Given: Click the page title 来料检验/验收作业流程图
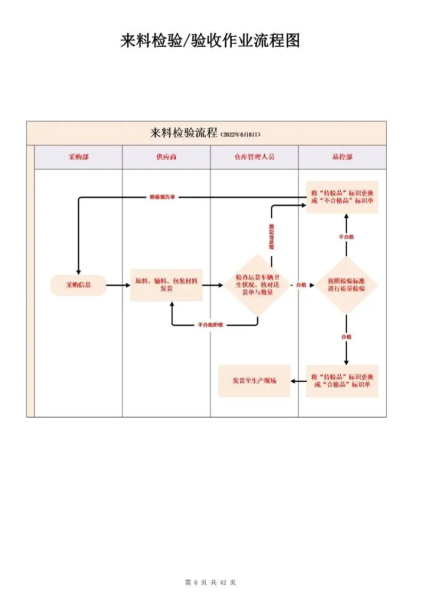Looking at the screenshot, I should [210, 40].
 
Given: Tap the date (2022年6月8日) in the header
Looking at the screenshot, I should [240, 134].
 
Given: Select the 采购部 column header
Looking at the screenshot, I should [78, 158].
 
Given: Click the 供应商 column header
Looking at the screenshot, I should [166, 158].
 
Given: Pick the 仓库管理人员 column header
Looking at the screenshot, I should [254, 158].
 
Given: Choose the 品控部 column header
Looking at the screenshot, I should [342, 158].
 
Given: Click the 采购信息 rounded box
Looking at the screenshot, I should [78, 285].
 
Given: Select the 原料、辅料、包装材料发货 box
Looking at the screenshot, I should [166, 285].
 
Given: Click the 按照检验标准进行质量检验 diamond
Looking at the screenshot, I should [346, 285].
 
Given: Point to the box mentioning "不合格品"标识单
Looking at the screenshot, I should [342, 197].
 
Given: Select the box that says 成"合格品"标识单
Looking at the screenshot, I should [342, 381].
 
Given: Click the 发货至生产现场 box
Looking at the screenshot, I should [254, 381].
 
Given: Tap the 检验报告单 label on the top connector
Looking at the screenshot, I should [162, 197].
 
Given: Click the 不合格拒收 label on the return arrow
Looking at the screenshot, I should [210, 324].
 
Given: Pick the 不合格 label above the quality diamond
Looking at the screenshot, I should [346, 236].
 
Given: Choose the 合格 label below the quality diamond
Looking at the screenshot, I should [346, 337].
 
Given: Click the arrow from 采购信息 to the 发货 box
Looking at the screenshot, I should [118, 285].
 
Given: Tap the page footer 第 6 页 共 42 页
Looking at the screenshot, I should [210, 583].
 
